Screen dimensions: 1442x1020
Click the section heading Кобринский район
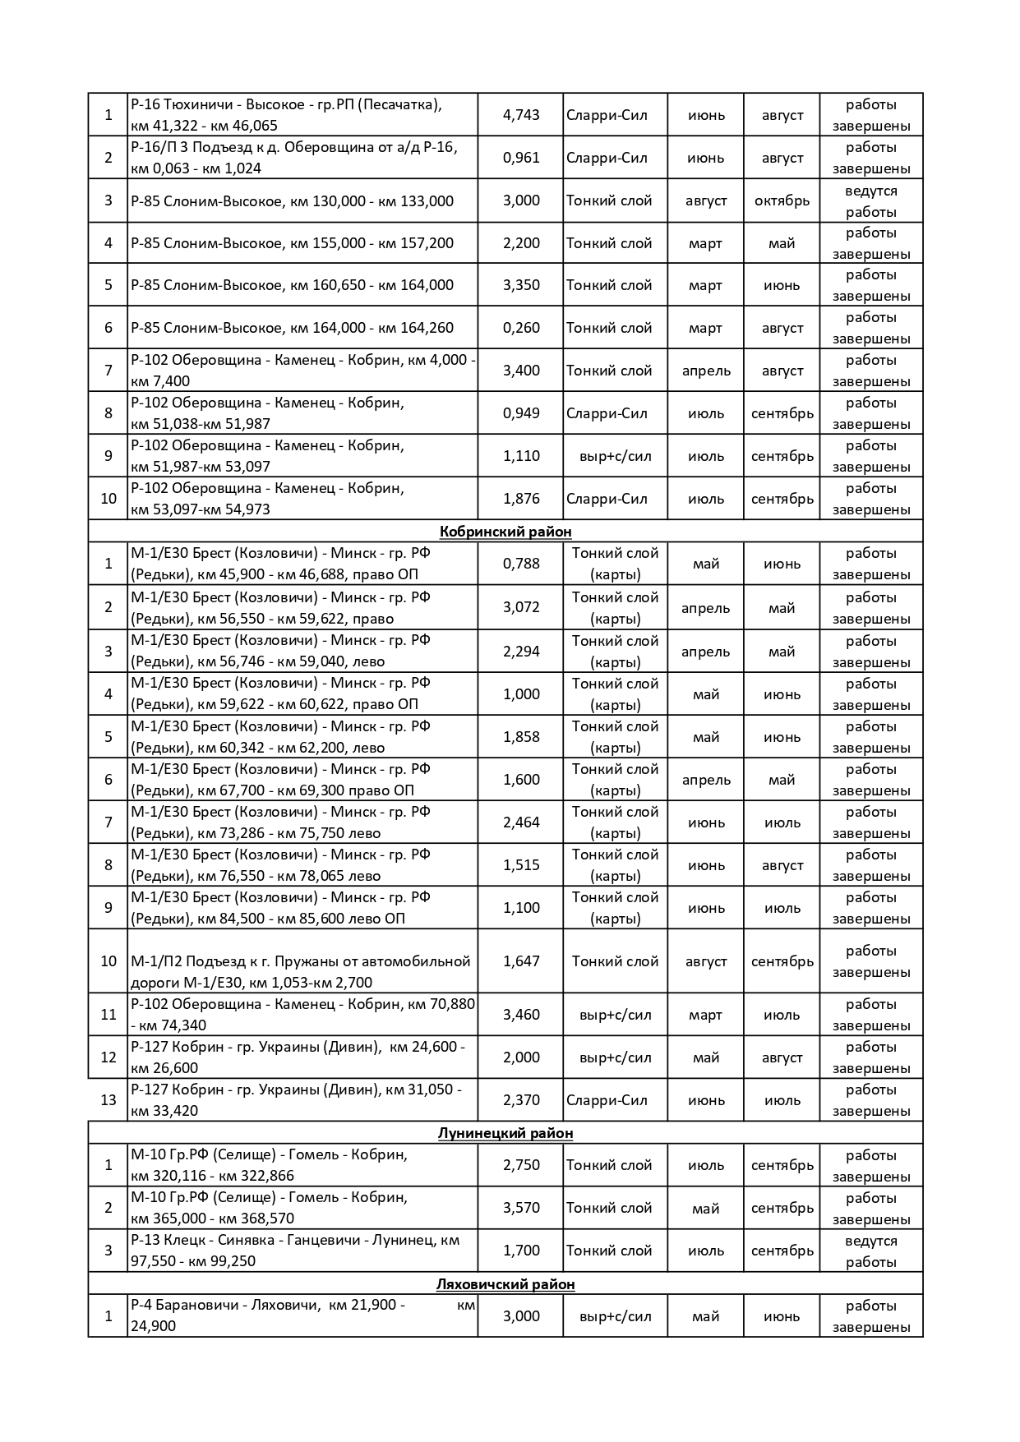(505, 532)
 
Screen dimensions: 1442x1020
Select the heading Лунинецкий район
(505, 1133)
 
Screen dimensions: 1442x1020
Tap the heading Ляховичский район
(505, 1284)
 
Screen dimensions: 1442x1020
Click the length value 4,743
(521, 115)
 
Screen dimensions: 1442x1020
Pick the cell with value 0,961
(521, 158)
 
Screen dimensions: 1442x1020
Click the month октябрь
(782, 200)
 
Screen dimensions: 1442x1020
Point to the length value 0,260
(521, 328)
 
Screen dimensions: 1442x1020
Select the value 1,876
(521, 499)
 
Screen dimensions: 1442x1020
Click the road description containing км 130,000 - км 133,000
(292, 201)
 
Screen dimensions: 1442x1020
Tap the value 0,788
(521, 564)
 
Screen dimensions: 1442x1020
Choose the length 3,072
(521, 607)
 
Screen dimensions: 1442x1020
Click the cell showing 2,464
(521, 822)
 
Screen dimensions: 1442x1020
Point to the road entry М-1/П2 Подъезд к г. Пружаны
(301, 971)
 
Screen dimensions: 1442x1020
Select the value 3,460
(521, 1015)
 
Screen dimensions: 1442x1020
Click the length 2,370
(521, 1100)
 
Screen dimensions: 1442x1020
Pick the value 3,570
(521, 1208)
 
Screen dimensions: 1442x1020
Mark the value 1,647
(521, 961)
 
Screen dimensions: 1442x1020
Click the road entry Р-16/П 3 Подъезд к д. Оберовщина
(293, 158)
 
